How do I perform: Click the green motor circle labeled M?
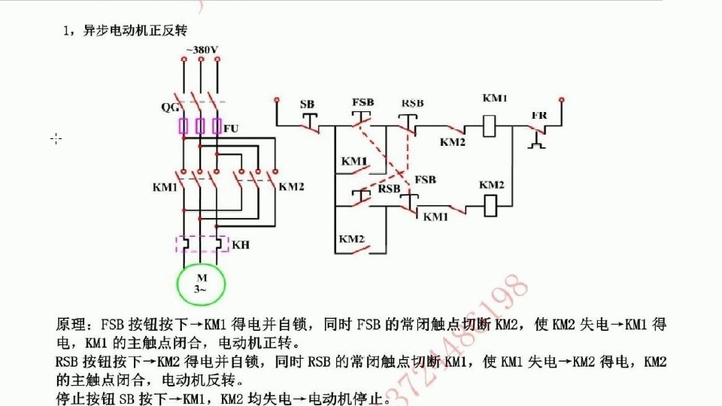(201, 284)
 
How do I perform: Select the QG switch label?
(170, 107)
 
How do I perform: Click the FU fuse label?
(231, 129)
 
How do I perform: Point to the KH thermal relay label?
(240, 245)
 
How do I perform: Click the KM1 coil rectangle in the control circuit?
(490, 125)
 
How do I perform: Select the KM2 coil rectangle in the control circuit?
(490, 203)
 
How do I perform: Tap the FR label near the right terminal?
(538, 115)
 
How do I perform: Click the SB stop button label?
(307, 104)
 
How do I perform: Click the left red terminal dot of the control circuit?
(277, 99)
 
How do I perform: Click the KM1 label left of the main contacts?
(164, 186)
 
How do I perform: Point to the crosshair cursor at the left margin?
(56, 138)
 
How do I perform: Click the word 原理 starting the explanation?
(72, 325)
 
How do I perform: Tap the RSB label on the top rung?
(412, 103)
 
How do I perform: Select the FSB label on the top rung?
(363, 102)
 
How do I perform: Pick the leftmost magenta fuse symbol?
(183, 126)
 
